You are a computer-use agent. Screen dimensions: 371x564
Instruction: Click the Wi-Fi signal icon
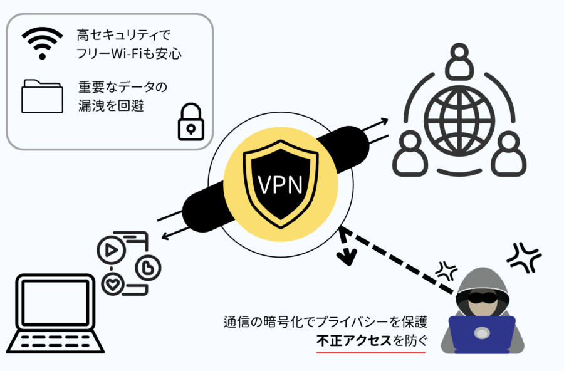pos(43,43)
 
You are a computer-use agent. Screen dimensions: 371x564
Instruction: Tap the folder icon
pos(42,97)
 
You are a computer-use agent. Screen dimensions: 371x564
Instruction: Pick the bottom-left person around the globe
pos(409,153)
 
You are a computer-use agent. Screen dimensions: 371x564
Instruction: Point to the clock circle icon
pos(149,267)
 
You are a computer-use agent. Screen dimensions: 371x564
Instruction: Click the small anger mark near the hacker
pos(447,271)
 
